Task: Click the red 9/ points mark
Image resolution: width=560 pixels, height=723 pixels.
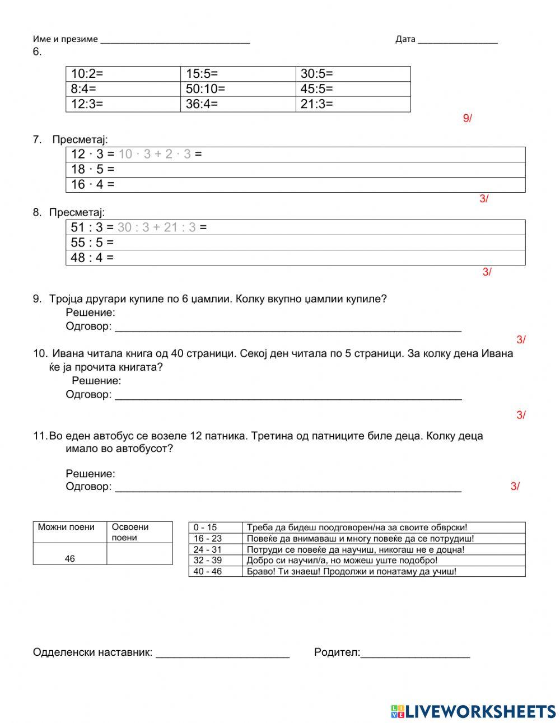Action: [x=467, y=118]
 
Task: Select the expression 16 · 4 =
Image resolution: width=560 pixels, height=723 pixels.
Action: [x=92, y=184]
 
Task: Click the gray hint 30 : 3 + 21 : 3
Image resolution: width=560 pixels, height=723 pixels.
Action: [x=156, y=227]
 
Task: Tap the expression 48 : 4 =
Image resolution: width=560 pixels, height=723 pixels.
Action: [x=92, y=258]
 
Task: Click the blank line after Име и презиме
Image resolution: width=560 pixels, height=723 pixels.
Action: [x=175, y=40]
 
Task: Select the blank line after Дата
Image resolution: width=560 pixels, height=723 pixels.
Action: [x=457, y=40]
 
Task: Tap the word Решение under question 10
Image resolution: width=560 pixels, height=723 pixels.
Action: [x=96, y=381]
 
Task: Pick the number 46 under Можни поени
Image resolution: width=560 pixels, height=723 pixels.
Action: [x=69, y=558]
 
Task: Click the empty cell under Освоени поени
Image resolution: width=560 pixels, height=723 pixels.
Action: [x=139, y=553]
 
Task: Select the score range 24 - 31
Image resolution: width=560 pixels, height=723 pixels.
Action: [x=208, y=549]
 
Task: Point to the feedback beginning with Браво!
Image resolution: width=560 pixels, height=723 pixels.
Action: [x=351, y=572]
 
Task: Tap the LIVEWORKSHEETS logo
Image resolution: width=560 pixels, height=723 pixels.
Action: [x=473, y=711]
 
